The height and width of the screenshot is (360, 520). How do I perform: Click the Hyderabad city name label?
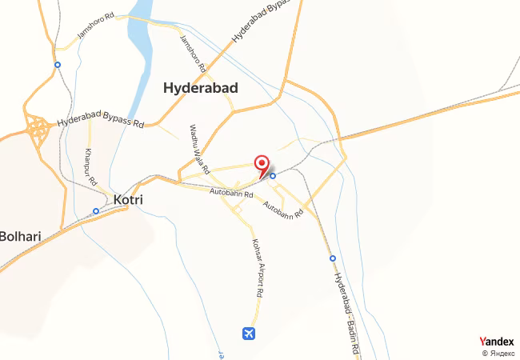coord(200,89)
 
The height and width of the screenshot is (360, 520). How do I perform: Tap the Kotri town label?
coord(128,199)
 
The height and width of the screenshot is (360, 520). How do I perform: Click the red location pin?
coord(262,165)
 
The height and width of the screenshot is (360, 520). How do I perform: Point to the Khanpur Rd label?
coord(90,165)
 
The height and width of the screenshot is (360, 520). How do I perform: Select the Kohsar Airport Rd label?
coord(257,268)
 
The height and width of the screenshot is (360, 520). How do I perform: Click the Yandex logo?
coord(496,342)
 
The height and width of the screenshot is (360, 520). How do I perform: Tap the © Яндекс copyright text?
coord(497,353)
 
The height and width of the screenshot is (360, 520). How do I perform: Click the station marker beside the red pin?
coord(273,175)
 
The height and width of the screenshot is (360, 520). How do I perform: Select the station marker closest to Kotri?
coord(96,211)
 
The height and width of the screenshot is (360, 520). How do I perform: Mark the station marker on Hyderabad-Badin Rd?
coord(332,258)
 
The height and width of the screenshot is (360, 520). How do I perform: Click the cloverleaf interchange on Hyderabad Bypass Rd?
coord(37,128)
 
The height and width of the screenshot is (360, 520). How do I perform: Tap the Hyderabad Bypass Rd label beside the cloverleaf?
coord(100,124)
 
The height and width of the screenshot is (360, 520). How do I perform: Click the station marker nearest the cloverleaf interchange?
coord(57,65)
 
